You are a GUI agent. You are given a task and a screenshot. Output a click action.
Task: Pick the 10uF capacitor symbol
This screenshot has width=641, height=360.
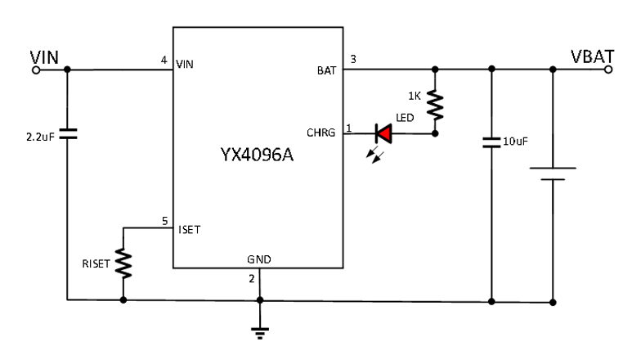pyautogui.click(x=491, y=142)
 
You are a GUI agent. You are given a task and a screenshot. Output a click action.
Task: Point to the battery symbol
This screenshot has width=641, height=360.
pyautogui.click(x=554, y=175)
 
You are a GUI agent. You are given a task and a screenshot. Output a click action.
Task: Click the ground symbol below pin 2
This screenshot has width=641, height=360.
pyautogui.click(x=259, y=331)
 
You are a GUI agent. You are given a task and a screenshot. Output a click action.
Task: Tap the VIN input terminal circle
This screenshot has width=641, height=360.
pyautogui.click(x=36, y=70)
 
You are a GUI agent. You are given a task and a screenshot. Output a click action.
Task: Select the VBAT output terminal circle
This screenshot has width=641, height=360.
pyautogui.click(x=607, y=70)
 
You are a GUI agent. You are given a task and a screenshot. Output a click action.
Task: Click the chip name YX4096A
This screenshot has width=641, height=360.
pyautogui.click(x=258, y=155)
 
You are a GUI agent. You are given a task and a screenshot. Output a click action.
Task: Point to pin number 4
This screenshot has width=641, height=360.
pyautogui.click(x=164, y=60)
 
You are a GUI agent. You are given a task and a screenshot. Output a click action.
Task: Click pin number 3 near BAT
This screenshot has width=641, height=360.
pyautogui.click(x=352, y=60)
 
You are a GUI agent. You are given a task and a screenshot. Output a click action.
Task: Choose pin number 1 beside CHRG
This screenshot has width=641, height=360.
pyautogui.click(x=350, y=128)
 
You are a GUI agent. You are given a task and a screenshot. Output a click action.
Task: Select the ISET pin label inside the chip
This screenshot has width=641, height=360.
pyautogui.click(x=189, y=229)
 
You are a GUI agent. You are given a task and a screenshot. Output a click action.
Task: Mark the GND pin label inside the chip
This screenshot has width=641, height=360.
pyautogui.click(x=259, y=259)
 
